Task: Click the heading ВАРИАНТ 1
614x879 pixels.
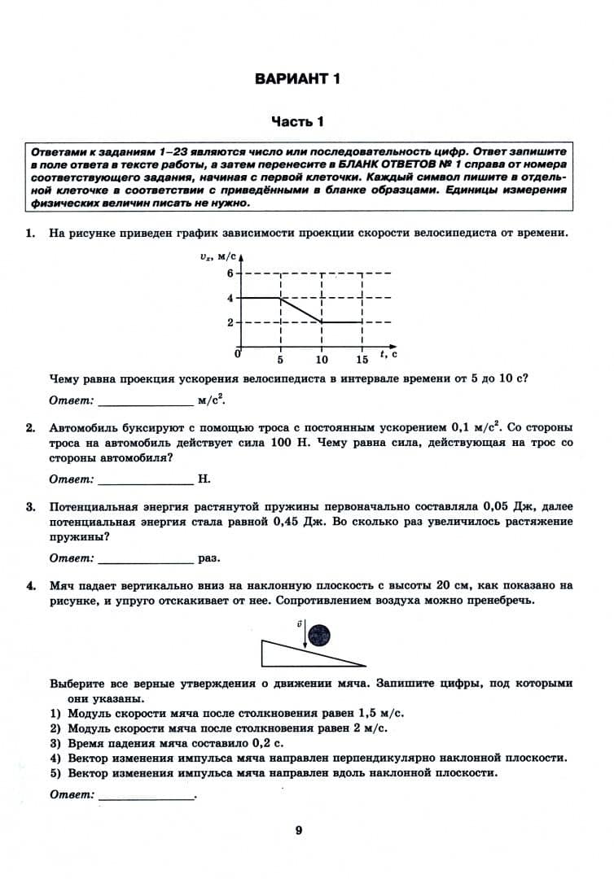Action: [296, 79]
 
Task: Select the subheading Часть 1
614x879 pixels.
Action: [297, 122]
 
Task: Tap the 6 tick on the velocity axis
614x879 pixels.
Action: [230, 273]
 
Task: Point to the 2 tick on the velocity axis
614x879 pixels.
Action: [230, 322]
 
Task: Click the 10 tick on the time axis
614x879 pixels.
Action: [322, 360]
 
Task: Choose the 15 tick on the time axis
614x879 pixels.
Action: [362, 360]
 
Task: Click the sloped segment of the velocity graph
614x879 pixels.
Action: [301, 310]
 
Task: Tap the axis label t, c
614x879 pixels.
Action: [388, 354]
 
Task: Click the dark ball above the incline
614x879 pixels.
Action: [322, 635]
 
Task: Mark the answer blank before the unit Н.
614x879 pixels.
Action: [144, 480]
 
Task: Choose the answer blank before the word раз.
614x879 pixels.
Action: [144, 559]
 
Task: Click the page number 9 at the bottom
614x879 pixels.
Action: [299, 831]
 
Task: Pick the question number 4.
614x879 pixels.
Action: [29, 585]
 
